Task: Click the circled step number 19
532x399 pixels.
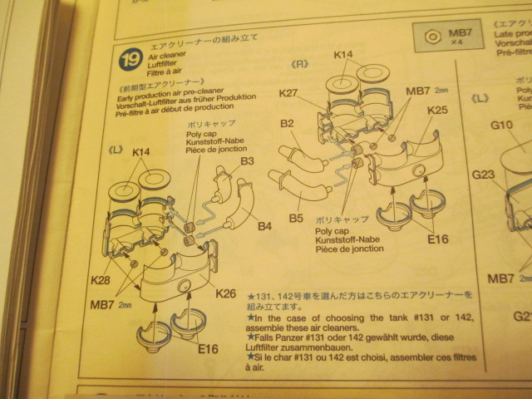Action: click(130, 59)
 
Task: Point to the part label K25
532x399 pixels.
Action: click(437, 110)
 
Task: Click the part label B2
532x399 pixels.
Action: click(288, 124)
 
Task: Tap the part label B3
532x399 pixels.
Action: click(247, 161)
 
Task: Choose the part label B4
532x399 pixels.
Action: click(264, 225)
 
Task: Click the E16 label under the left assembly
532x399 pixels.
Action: click(209, 348)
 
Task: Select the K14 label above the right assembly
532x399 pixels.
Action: click(343, 56)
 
